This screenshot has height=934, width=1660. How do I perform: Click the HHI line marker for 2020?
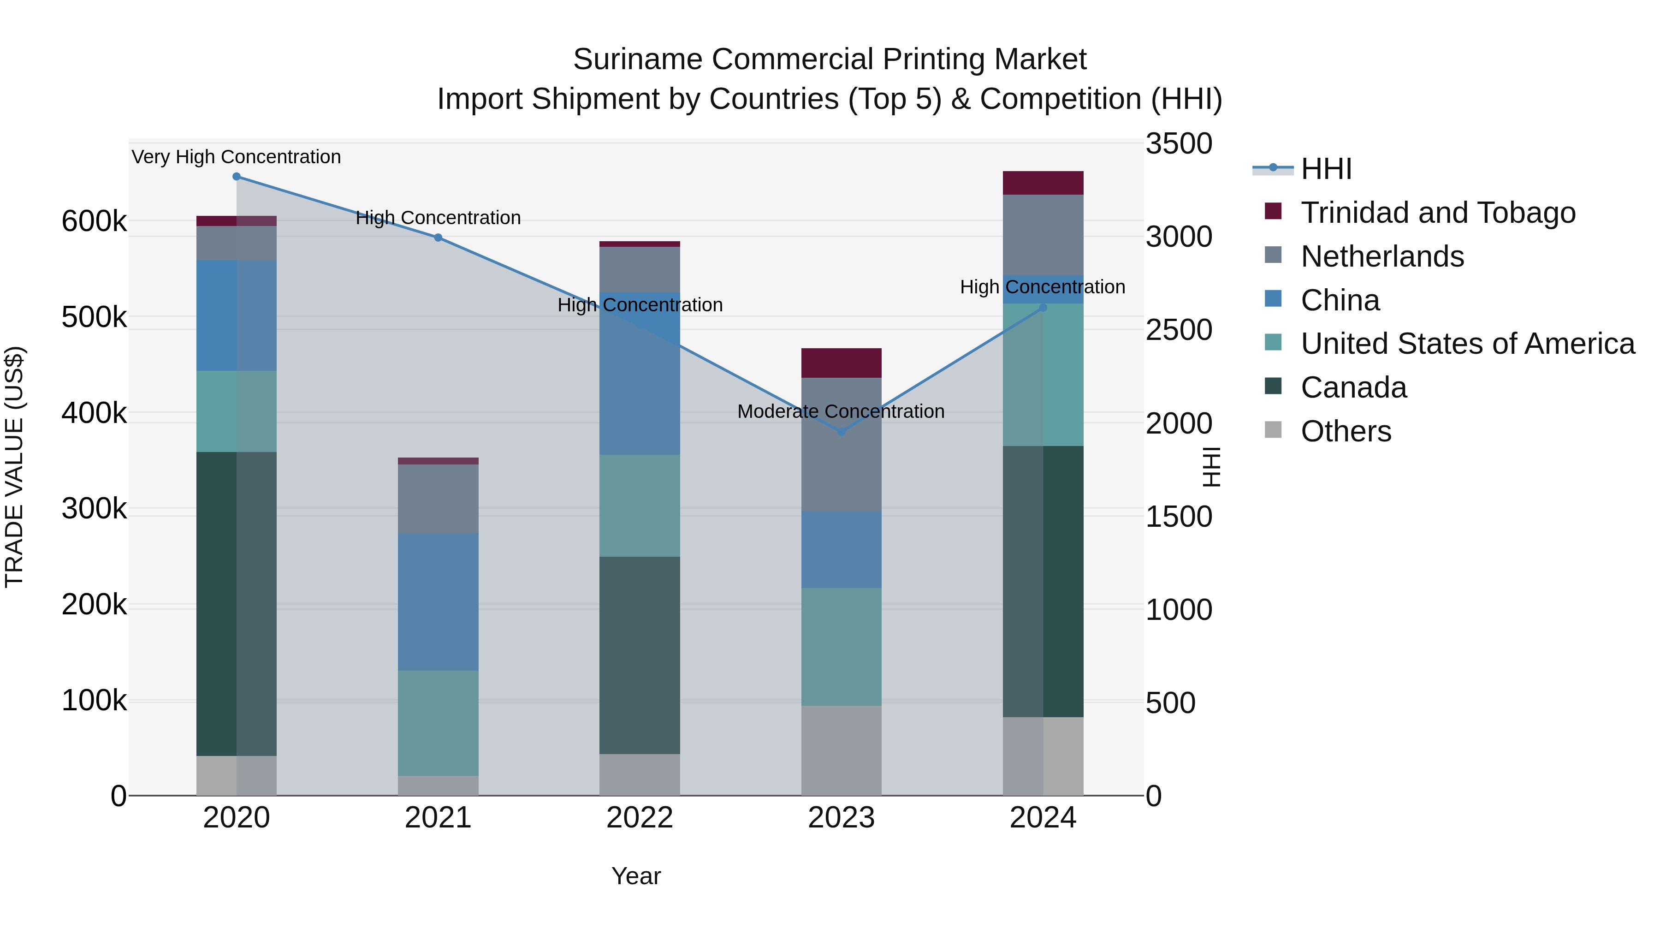click(237, 177)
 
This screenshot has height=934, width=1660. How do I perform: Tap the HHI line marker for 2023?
click(841, 432)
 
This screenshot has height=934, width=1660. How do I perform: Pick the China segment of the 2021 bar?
click(438, 601)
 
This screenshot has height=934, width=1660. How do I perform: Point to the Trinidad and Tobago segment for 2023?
click(841, 363)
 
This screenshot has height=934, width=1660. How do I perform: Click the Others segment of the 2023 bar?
click(841, 750)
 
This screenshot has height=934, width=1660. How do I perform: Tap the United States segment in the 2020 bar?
click(237, 411)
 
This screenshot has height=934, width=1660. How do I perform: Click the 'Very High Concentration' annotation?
click(237, 157)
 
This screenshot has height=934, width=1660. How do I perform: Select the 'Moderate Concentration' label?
click(841, 411)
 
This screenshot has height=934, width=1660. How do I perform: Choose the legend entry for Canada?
click(1353, 387)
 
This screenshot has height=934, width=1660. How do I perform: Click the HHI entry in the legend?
click(1326, 169)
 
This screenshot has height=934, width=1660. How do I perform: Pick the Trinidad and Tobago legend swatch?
click(1273, 211)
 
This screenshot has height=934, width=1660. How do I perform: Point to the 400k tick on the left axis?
click(94, 413)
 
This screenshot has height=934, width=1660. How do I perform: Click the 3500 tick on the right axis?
click(1179, 144)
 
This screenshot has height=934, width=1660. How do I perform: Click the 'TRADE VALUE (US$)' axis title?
click(14, 467)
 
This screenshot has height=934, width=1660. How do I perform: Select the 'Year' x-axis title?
click(636, 876)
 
